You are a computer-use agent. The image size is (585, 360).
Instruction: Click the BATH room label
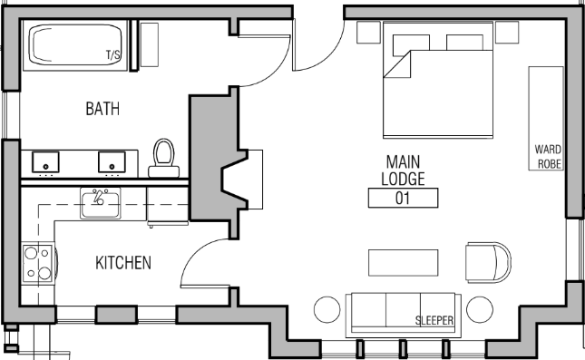tap(102, 109)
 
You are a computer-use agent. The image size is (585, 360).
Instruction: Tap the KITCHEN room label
tap(123, 263)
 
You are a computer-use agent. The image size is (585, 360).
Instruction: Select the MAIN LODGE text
tap(402, 170)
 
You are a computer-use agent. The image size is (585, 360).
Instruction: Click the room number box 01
tap(403, 198)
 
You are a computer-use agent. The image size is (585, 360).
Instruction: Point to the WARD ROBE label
tap(549, 156)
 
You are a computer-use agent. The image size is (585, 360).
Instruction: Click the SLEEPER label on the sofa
tap(434, 320)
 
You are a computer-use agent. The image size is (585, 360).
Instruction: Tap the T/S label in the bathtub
tap(113, 55)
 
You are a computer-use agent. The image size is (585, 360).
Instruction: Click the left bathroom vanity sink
tap(44, 163)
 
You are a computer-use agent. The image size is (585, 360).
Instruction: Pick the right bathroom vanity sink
tap(111, 163)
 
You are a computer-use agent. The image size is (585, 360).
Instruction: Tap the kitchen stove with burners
tap(39, 263)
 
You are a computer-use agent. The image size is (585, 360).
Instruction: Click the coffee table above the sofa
tap(403, 262)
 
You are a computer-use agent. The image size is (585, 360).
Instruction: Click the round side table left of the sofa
tap(327, 311)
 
